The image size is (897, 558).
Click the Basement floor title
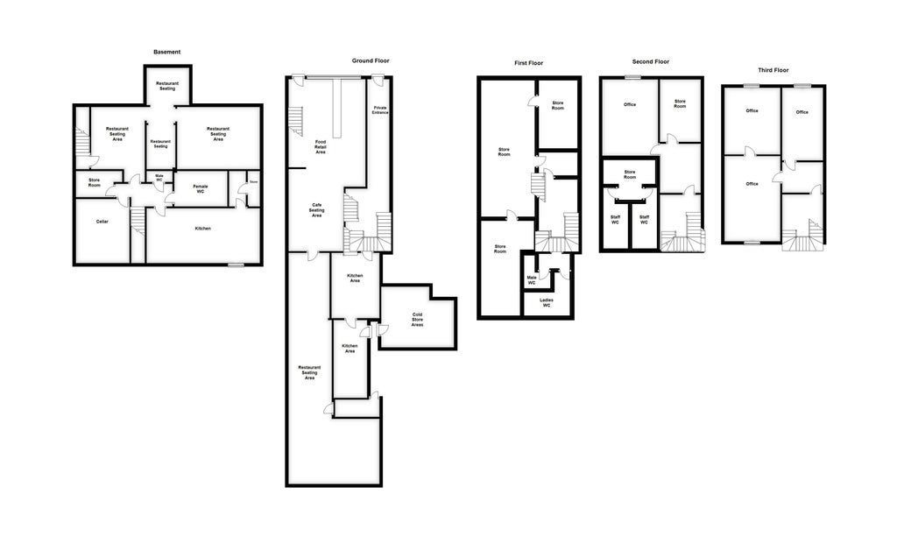166,53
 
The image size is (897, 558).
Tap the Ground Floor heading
371,61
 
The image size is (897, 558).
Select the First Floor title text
528,63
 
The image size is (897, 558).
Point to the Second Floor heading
650,62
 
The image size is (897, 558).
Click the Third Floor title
773,70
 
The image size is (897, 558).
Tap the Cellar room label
102,222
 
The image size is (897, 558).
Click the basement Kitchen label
202,229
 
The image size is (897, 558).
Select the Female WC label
200,188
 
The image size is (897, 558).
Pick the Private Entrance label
380,109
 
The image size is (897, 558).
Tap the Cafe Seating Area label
316,210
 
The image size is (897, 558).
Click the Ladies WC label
546,302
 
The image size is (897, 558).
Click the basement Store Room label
94,182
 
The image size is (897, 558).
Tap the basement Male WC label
159,178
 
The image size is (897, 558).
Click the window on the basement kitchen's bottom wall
235,265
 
